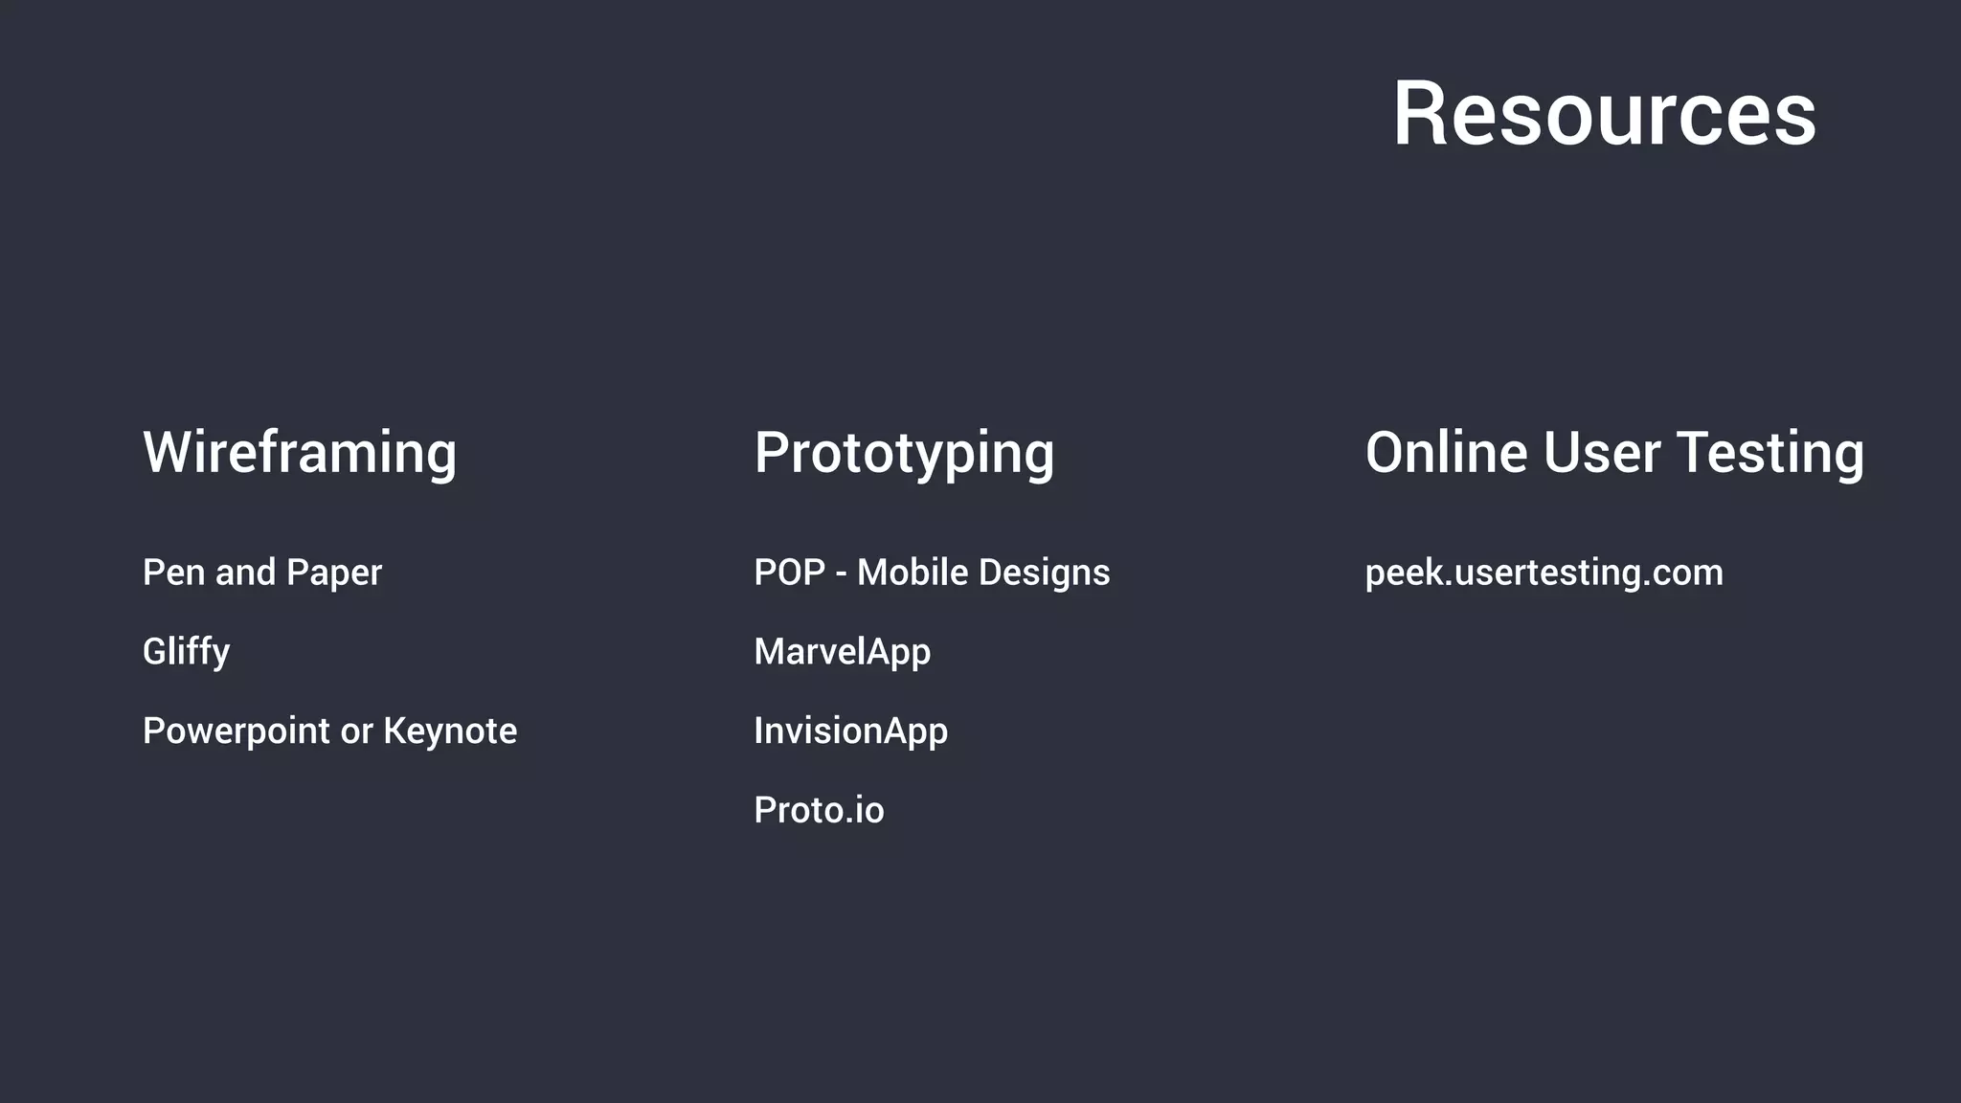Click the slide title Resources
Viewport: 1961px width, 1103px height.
[x=1604, y=114]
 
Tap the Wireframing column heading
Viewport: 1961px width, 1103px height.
[x=300, y=452]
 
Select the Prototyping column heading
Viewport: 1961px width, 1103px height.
[x=904, y=452]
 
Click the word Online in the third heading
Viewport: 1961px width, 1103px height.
[x=1447, y=452]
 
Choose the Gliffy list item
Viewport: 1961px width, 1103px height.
[x=186, y=652]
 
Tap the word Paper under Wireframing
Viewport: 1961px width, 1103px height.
[x=333, y=573]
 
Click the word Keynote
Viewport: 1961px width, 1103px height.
[x=450, y=732]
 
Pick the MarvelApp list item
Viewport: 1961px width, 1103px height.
[x=842, y=652]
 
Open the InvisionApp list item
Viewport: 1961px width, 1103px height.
[x=850, y=732]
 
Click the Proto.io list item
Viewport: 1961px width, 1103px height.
[x=819, y=811]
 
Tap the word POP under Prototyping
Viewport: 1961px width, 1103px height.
[x=789, y=573]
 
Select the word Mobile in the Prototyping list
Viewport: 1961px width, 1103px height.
[x=912, y=573]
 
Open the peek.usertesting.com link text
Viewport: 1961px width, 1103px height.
[x=1544, y=573]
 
